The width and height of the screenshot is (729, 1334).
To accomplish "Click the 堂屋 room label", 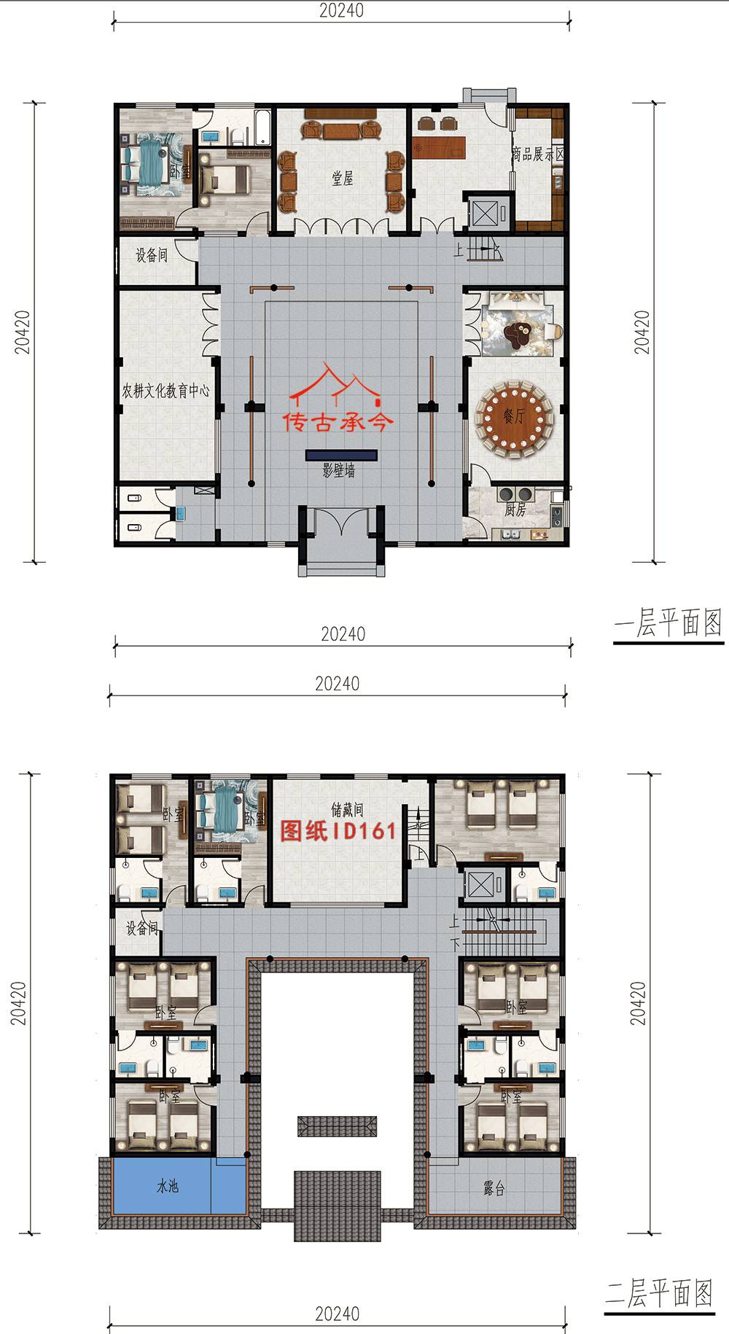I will pos(343,179).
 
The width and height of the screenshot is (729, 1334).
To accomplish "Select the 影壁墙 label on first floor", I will pos(339,471).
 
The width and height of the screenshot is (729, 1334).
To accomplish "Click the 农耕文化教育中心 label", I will pos(166,391).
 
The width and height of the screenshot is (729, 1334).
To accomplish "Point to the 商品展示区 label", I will pos(538,155).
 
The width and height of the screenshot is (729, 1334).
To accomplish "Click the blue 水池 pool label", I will pos(168,1186).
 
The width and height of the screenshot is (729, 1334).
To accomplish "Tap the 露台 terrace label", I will pos(494,1189).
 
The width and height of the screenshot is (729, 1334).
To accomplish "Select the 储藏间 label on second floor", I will pos(347,809).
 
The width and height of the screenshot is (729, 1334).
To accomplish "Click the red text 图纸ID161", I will pos(339,831).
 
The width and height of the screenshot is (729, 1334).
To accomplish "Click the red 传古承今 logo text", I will pos(339,422).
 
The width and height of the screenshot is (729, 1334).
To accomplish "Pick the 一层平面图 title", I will pos(668,624).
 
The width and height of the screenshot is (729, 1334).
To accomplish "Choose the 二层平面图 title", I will pos(659,1294).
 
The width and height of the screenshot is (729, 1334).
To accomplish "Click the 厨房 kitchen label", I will pos(515,510).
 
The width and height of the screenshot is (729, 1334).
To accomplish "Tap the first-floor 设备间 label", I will pos(152,255).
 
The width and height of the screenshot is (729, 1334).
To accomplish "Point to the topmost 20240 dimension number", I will pos(340,10).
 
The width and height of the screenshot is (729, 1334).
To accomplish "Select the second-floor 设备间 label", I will pos(141,928).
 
